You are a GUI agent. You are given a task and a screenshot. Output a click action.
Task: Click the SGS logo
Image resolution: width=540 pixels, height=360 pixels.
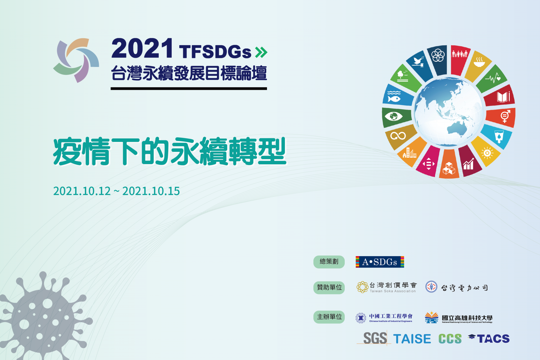[x=375, y=338]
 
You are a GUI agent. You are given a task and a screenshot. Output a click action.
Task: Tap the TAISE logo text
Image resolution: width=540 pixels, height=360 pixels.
[x=412, y=339]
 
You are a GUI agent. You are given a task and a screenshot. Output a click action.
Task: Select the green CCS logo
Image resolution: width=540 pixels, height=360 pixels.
[x=450, y=339]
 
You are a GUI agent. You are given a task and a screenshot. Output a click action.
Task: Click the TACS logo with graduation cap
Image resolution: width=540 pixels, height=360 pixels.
[x=489, y=338]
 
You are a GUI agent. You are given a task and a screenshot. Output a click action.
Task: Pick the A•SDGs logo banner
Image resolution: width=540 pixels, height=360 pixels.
[x=380, y=262]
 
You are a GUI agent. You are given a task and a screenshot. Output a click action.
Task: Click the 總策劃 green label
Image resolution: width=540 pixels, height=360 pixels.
[x=329, y=262]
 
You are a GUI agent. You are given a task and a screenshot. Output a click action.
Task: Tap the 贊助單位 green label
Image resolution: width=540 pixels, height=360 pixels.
[x=329, y=288]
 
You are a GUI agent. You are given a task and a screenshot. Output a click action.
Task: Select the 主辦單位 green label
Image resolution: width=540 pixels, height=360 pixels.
[x=329, y=317]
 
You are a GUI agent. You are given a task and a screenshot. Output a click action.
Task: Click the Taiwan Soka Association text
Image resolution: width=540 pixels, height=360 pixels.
[x=393, y=291]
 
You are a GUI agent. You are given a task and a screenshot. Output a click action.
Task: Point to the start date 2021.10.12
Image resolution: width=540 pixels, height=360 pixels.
[x=82, y=191]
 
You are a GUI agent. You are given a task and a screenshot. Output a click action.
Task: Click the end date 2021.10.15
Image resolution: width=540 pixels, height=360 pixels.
[x=151, y=191]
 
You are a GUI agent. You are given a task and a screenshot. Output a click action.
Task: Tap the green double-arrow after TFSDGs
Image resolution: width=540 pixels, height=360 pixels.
[x=261, y=52]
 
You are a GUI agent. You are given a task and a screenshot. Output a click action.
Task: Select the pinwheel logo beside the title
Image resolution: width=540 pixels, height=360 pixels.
[x=76, y=60]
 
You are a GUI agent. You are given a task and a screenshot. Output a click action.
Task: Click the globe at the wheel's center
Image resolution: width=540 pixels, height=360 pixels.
[x=448, y=112]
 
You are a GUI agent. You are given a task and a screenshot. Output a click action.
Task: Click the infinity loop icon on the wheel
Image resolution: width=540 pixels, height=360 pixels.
[x=398, y=135]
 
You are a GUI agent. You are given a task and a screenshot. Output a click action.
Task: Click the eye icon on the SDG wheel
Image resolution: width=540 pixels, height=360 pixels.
[x=394, y=116]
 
